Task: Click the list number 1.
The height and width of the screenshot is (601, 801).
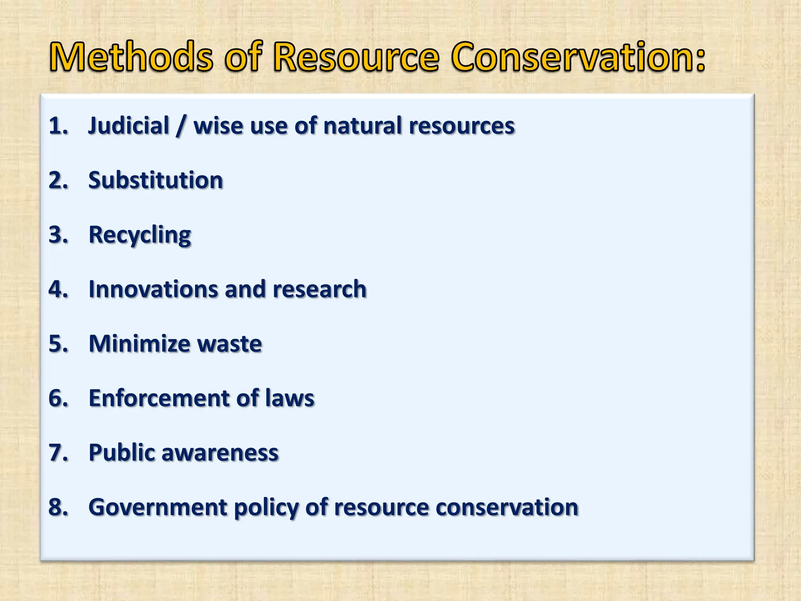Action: pos(58,126)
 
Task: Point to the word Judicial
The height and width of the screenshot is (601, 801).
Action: pos(129,126)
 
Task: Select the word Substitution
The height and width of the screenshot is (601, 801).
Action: pos(156,180)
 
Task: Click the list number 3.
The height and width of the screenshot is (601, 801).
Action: pos(58,235)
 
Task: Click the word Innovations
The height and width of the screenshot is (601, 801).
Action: pos(153,289)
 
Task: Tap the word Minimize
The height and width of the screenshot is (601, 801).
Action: pos(139,344)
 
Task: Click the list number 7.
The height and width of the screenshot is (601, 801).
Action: pos(58,453)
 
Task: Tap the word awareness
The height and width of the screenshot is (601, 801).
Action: pos(220,453)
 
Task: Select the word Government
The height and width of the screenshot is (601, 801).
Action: pos(158,507)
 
